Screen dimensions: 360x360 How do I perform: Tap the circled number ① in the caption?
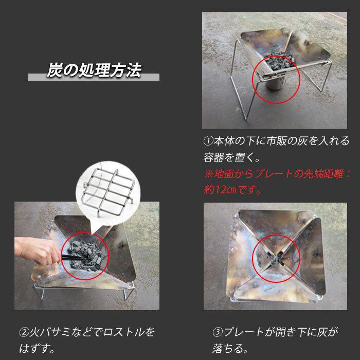pyautogui.click(x=208, y=141)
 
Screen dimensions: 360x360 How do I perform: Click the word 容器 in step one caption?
pyautogui.click(x=215, y=157)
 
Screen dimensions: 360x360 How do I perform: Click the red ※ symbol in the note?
pyautogui.click(x=209, y=173)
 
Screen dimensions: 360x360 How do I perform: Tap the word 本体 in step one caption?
pyautogui.click(x=223, y=141)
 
